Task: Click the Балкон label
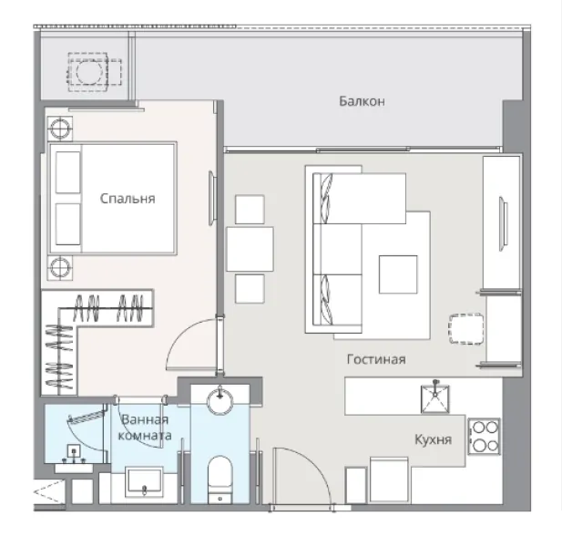coord(362,101)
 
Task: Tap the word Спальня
coord(128,199)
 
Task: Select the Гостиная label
coord(376,359)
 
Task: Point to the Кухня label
coord(433,439)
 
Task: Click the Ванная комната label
coord(145,428)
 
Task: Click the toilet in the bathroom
coord(220,480)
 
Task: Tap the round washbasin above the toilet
coord(220,400)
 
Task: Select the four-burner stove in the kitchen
coord(485,437)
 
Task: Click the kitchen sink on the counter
coord(435,398)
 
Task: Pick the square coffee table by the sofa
coord(398,274)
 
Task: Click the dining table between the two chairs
coord(250,249)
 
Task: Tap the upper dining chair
coord(250,210)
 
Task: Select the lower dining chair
coord(250,289)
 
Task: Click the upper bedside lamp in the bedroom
coord(60,129)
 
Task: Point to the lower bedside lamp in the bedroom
coord(60,268)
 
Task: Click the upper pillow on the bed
coord(68,172)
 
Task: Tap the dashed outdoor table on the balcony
coord(87,72)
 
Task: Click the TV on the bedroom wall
coord(212,198)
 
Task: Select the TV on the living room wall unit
coord(504,223)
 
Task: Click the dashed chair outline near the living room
coord(466,329)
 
